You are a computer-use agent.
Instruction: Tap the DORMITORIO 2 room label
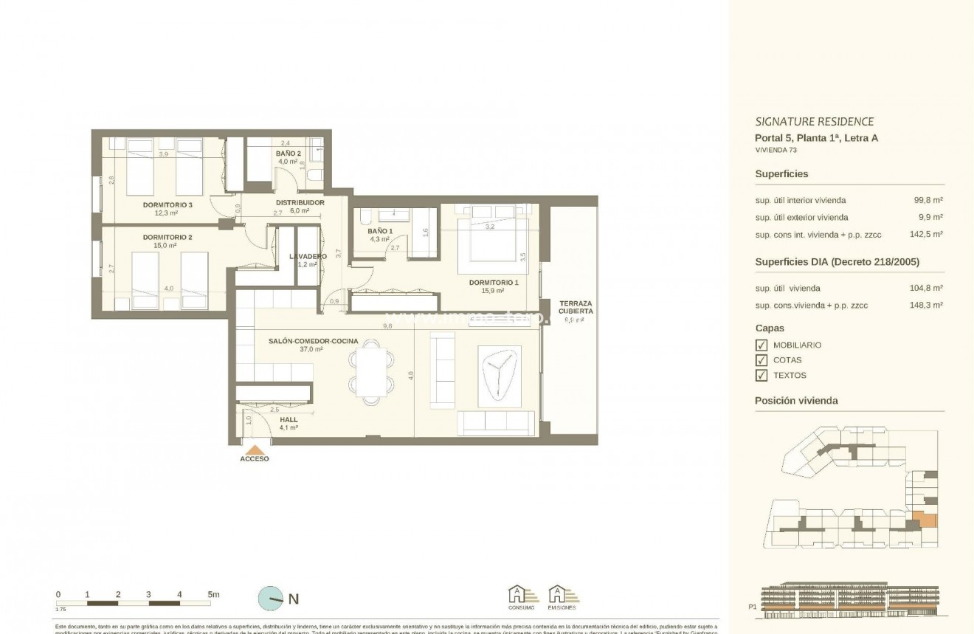pos(167,237)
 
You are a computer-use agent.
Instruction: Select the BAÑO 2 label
pos(287,154)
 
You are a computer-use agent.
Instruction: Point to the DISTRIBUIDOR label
pos(300,202)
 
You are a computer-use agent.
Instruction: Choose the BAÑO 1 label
pos(380,231)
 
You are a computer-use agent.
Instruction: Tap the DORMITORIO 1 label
pos(493,283)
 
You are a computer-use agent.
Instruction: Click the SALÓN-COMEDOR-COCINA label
pos(313,341)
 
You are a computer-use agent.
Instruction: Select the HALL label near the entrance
pos(289,420)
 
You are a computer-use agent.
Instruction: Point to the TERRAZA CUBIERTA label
pos(576,308)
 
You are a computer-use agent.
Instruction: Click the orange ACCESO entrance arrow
pos(255,449)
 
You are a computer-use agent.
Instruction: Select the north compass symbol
pos(272,599)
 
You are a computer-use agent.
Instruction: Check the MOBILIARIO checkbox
pos(761,345)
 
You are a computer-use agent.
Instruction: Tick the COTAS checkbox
pos(761,360)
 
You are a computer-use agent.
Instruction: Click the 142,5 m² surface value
pos(928,235)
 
